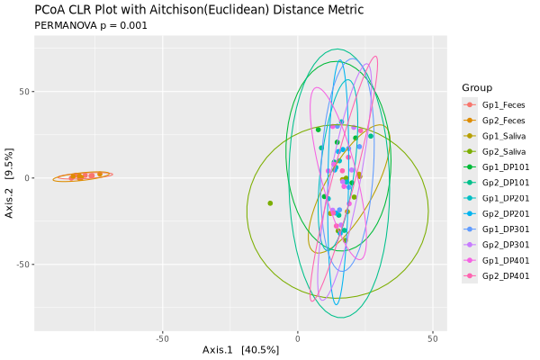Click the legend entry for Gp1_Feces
tap(502, 104)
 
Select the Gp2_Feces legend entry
tap(502, 120)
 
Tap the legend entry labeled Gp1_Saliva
tap(502, 136)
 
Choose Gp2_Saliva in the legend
tap(502, 151)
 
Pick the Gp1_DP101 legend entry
tap(502, 166)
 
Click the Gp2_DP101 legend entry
tap(502, 182)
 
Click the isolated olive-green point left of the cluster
tap(270, 203)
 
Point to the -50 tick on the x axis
tap(163, 338)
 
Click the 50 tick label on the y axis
tap(24, 92)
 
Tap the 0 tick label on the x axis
tap(298, 338)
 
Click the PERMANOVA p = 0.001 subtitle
tap(91, 25)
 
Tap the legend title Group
tap(477, 87)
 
